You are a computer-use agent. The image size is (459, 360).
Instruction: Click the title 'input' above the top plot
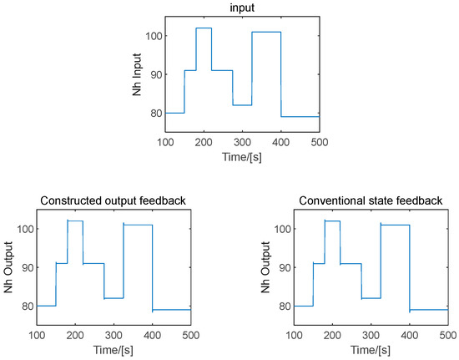tap(242, 7)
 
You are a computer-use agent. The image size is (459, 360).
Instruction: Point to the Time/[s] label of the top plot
tap(242, 155)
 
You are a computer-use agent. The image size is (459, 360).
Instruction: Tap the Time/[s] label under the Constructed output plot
tap(114, 347)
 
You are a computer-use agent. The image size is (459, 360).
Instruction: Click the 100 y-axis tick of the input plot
tap(153, 36)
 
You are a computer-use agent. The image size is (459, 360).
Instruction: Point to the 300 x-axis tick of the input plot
tap(242, 142)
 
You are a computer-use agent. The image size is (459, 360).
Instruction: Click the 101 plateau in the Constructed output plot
tap(138, 225)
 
